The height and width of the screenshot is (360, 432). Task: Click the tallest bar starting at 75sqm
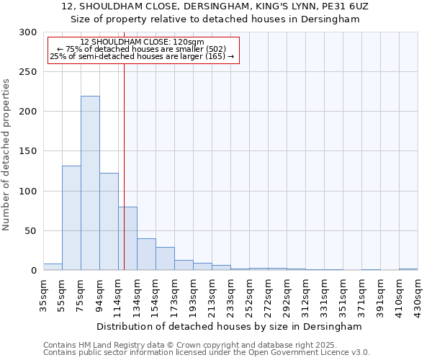coord(90,183)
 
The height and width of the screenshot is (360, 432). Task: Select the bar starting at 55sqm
coord(71,217)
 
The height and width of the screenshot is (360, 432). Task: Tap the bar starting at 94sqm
coord(109,221)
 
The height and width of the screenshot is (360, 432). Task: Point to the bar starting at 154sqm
coord(165,258)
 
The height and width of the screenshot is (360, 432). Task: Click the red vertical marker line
coord(124,166)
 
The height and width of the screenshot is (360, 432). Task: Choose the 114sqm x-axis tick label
coord(119,295)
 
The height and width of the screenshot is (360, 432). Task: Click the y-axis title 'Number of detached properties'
coord(7,155)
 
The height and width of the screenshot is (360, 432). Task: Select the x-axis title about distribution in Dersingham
coord(230,326)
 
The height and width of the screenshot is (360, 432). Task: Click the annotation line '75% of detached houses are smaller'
coord(142,49)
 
